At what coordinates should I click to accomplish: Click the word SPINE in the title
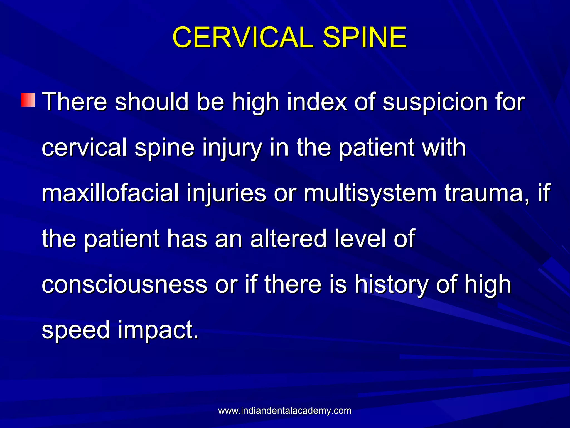coord(365,37)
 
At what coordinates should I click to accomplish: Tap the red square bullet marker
coord(28,100)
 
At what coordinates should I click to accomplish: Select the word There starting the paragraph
coord(74,102)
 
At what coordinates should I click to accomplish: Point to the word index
coord(317,102)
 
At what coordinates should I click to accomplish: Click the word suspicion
coord(435,102)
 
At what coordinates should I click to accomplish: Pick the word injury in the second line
coord(232,148)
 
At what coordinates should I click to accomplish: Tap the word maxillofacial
coord(110,193)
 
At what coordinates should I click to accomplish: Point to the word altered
coord(288,239)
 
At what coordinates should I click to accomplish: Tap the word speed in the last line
coord(76,330)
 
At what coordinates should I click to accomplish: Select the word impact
coord(158,330)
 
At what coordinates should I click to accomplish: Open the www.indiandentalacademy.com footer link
coord(285,411)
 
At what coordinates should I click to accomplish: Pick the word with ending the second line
coord(444,148)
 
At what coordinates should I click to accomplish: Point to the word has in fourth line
coord(187,239)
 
